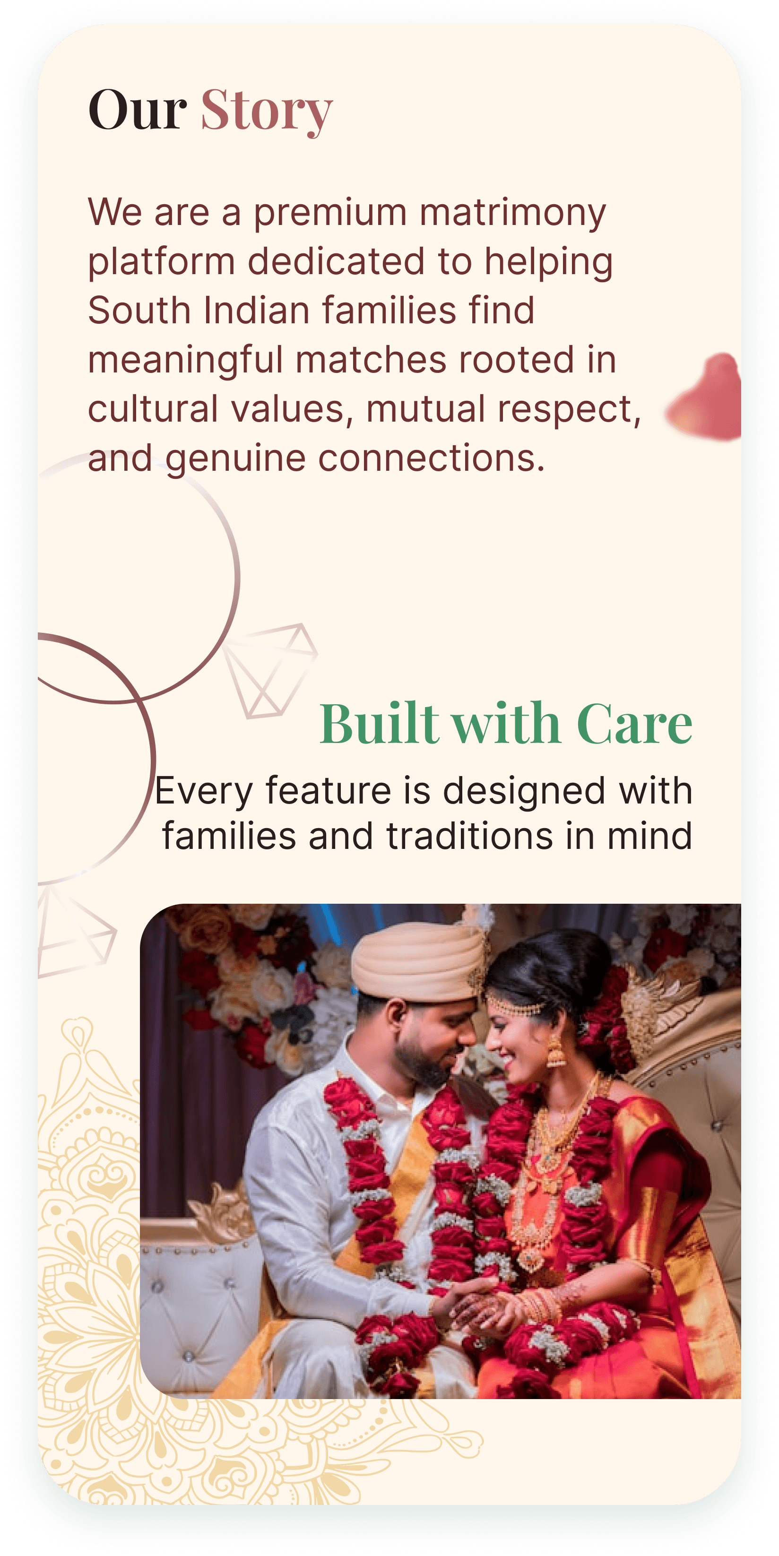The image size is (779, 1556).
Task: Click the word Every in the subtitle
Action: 203,792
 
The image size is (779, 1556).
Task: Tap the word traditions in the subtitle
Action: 470,837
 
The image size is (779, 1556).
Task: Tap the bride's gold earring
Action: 555,1052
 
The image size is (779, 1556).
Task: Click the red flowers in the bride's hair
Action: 604,1021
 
